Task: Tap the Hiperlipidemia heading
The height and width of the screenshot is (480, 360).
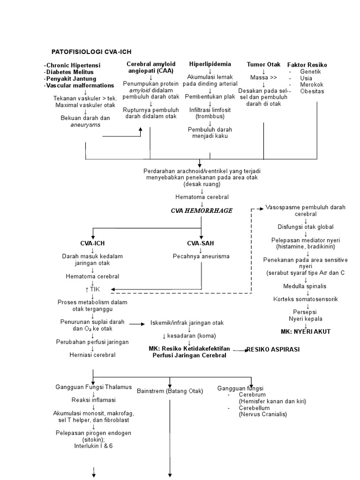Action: tap(210, 64)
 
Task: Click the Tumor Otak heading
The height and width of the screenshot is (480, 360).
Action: tap(263, 64)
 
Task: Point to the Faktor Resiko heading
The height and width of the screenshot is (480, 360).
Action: tap(307, 65)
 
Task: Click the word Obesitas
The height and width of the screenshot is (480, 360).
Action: tap(312, 91)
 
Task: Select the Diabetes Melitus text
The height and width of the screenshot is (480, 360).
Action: tap(70, 72)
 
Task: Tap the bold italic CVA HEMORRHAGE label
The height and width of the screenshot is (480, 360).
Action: tap(201, 211)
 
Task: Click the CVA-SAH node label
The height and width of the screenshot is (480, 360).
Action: tap(200, 243)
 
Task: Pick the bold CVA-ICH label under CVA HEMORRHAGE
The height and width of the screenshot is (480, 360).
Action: tap(92, 243)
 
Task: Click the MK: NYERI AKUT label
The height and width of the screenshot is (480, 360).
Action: tap(305, 331)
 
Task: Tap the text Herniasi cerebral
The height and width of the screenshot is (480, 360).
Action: tap(92, 355)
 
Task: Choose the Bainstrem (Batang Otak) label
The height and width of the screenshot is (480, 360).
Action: tap(169, 390)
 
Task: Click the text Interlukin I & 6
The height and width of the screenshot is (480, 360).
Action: tap(93, 446)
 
